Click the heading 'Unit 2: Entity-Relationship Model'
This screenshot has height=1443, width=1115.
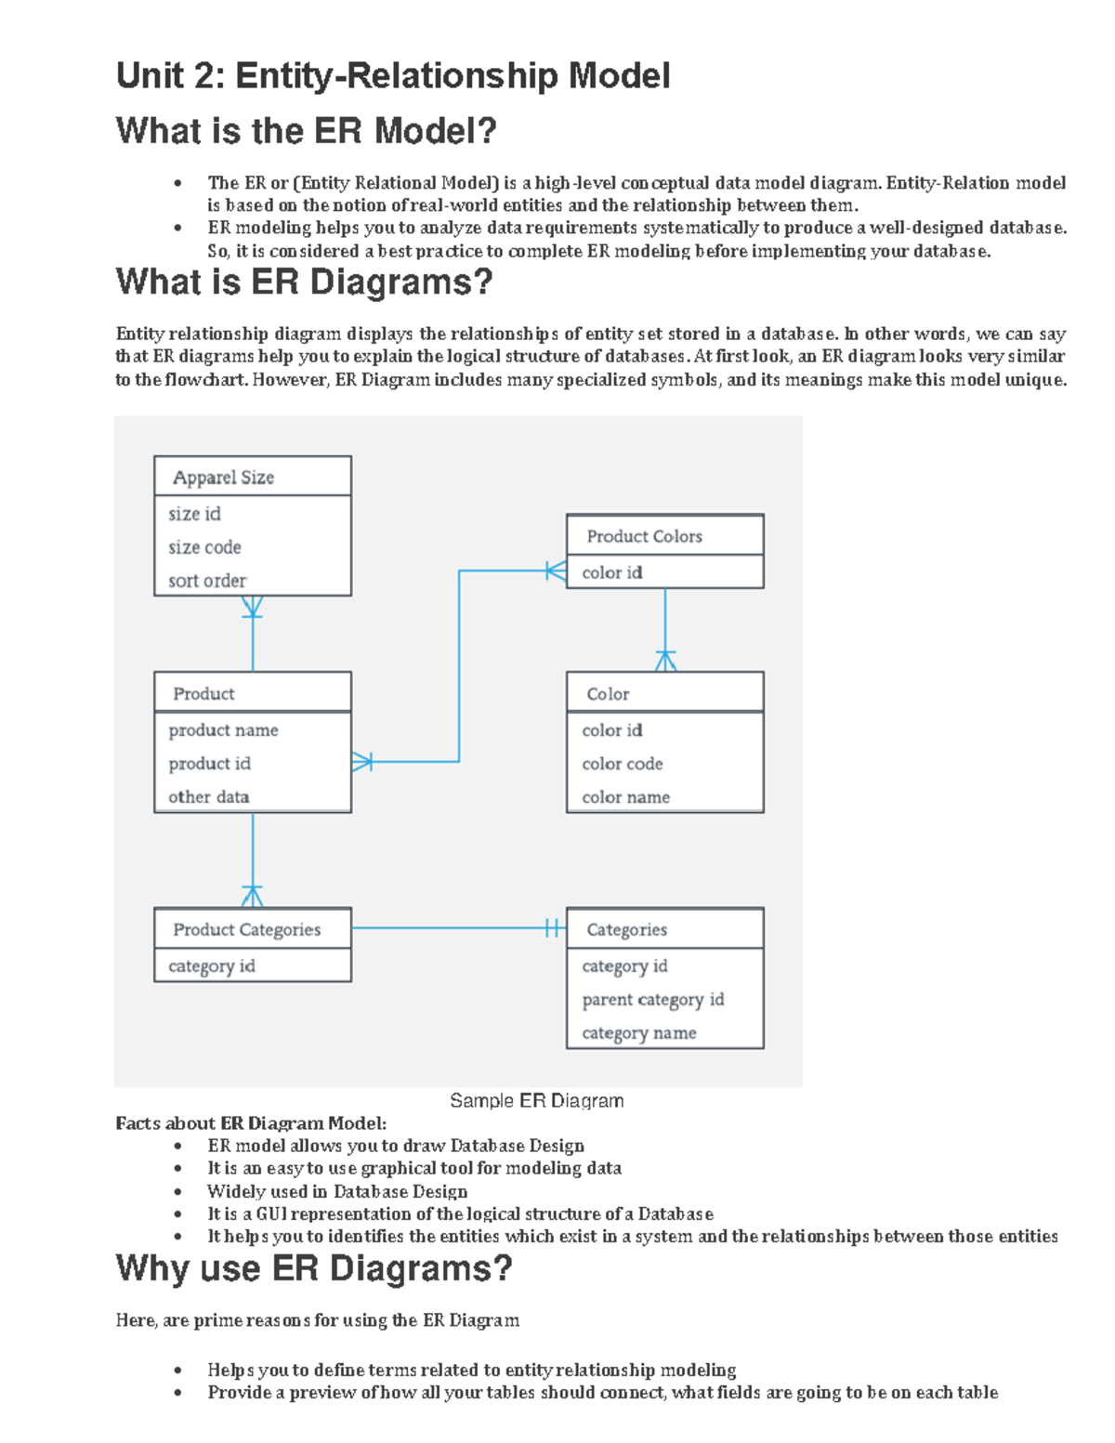392,76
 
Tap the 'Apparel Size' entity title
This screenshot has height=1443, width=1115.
223,478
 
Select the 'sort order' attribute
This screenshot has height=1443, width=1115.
207,581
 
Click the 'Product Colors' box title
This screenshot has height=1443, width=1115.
644,536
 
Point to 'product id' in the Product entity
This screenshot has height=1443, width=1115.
209,764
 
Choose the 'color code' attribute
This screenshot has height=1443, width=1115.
622,764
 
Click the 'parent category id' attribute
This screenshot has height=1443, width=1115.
652,1000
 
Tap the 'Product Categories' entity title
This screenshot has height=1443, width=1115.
246,929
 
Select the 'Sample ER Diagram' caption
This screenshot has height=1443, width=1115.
536,1101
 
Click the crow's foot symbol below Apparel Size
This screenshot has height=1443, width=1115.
252,606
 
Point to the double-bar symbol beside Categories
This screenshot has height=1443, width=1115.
553,927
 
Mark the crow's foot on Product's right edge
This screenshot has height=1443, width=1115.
362,762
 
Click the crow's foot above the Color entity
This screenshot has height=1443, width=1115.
665,661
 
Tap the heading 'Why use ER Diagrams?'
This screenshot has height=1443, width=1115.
314,1269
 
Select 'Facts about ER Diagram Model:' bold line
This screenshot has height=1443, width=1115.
251,1123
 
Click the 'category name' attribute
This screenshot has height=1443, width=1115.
638,1033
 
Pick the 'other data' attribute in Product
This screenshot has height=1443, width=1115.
208,797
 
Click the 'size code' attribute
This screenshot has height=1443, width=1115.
204,547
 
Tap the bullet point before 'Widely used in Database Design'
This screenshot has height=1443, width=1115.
177,1192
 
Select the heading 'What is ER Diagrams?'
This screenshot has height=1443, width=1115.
304,282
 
